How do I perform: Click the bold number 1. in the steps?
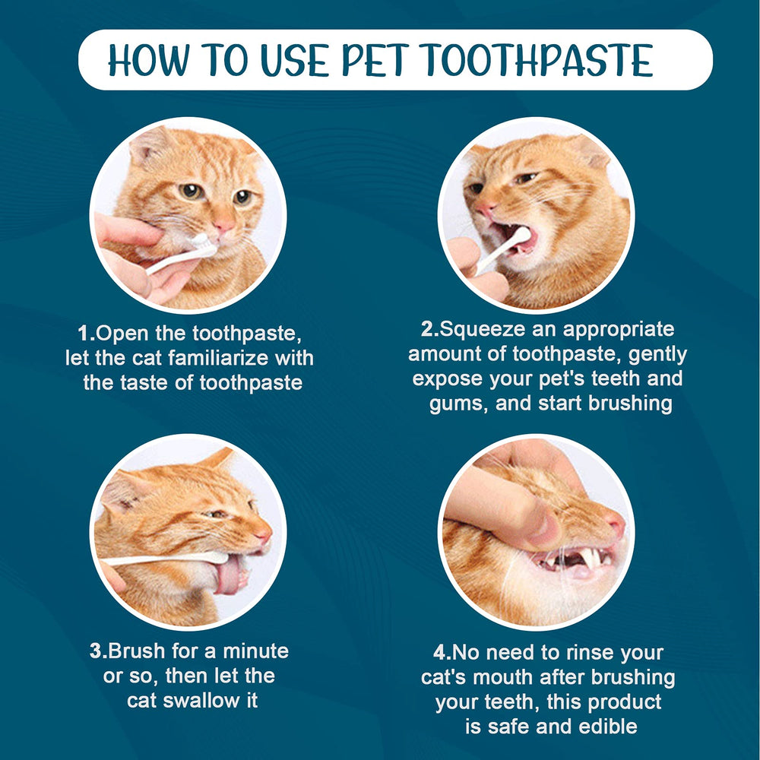coord(86,333)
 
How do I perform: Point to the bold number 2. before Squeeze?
coord(430,329)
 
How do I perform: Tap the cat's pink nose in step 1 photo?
coord(223,226)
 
